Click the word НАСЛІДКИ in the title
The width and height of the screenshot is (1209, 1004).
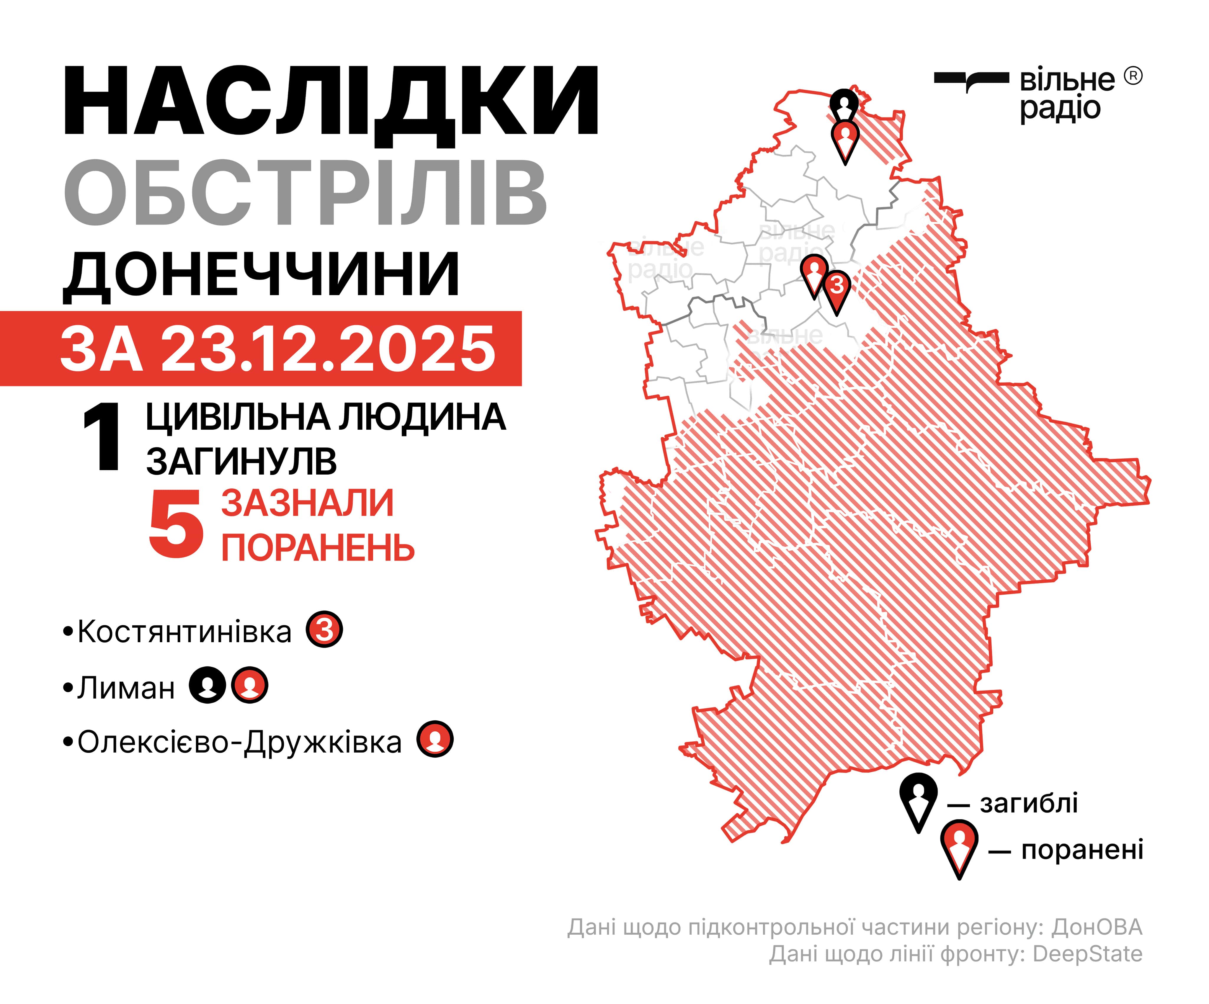tap(331, 102)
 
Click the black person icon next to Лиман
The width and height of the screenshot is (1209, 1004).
tap(208, 685)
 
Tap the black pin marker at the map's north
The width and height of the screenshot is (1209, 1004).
tap(844, 105)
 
